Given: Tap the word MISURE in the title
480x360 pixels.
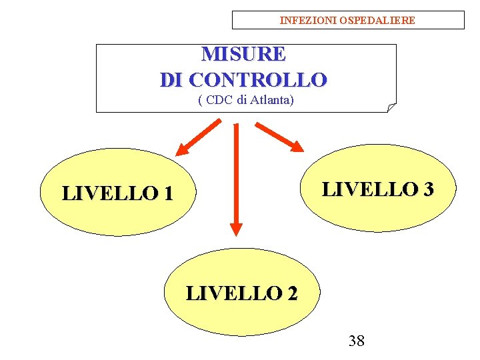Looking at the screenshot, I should pyautogui.click(x=243, y=53).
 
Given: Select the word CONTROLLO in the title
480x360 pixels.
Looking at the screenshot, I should pyautogui.click(x=258, y=80).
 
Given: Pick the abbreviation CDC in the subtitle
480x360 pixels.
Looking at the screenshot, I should pyautogui.click(x=219, y=101).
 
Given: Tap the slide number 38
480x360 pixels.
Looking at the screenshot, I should pyautogui.click(x=357, y=341).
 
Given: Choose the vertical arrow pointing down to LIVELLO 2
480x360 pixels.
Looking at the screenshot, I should pyautogui.click(x=235, y=177).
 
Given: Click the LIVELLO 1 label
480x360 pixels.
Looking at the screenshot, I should pyautogui.click(x=117, y=193).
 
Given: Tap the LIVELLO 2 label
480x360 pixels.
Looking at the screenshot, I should pyautogui.click(x=241, y=293).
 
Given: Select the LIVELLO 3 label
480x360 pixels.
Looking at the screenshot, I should pyautogui.click(x=378, y=189).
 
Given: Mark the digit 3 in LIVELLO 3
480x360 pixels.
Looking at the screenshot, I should pyautogui.click(x=427, y=189).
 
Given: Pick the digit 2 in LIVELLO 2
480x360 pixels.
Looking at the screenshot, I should pyautogui.click(x=291, y=293).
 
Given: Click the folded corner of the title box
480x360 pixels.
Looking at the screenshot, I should pyautogui.click(x=391, y=107).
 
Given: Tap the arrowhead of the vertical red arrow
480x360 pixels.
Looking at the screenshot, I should pyautogui.click(x=235, y=227).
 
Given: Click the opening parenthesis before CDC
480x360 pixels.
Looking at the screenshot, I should pyautogui.click(x=201, y=101).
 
